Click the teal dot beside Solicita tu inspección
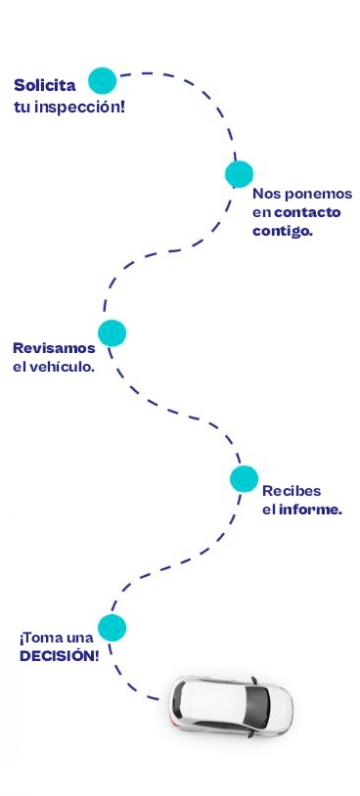coord(103,80)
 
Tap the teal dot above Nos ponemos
coord(239,174)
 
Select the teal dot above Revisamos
coord(112,333)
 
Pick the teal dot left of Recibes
coord(244,479)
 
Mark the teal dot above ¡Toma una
coord(112,627)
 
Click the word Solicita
coord(45,85)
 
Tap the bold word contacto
coord(307,212)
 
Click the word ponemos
coord(315,194)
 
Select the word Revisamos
coord(55,348)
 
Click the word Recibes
coord(292,490)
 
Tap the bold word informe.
coord(309,509)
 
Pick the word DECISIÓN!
coord(60,656)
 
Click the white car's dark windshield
coord(258,706)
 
